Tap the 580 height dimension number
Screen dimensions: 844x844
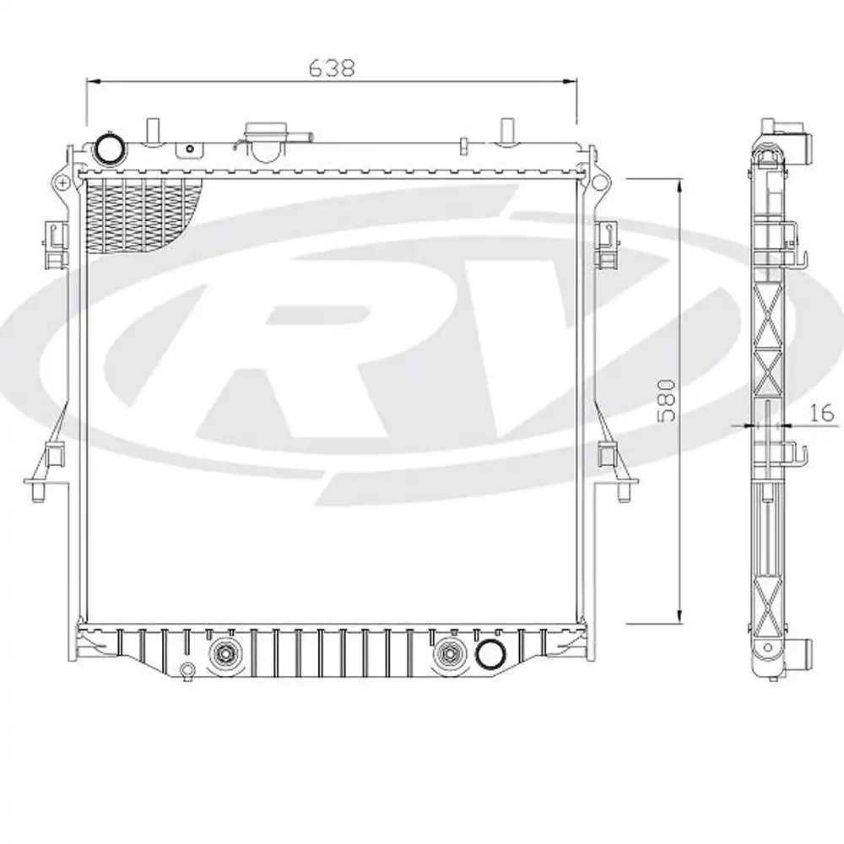tap(666, 400)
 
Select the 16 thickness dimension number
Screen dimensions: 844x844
tap(820, 413)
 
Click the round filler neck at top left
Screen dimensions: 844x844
tap(109, 149)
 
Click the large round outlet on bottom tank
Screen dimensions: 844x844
tap(488, 653)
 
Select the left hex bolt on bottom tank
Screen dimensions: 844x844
tap(225, 652)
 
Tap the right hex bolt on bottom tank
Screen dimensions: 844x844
tap(446, 652)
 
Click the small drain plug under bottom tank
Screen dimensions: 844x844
tap(187, 671)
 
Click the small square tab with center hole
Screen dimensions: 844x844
tap(190, 149)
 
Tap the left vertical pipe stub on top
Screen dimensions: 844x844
tap(153, 132)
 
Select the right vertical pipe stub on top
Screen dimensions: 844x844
tap(506, 132)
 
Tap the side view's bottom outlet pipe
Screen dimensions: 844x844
tap(803, 652)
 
